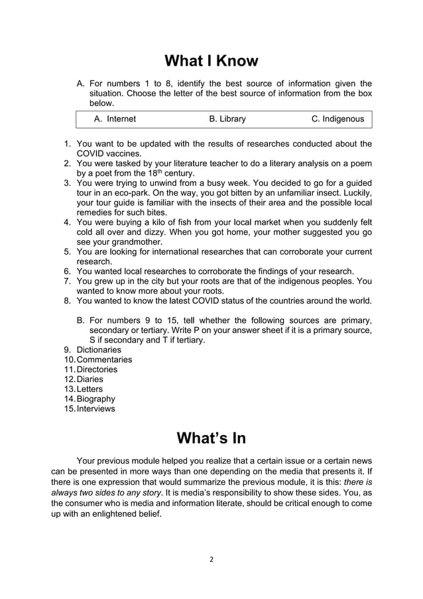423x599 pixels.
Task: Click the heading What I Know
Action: click(211, 61)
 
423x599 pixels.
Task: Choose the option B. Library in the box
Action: click(227, 119)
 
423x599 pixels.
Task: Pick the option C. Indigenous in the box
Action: click(337, 119)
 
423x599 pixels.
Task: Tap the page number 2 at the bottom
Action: click(211, 559)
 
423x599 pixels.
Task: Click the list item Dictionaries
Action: click(99, 350)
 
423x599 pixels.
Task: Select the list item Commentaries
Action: click(104, 360)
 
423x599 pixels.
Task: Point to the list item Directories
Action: click(97, 369)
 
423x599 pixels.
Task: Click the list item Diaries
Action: click(90, 379)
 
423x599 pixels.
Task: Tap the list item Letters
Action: click(90, 389)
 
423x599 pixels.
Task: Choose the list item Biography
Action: click(96, 399)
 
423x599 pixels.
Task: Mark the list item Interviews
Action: click(96, 409)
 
